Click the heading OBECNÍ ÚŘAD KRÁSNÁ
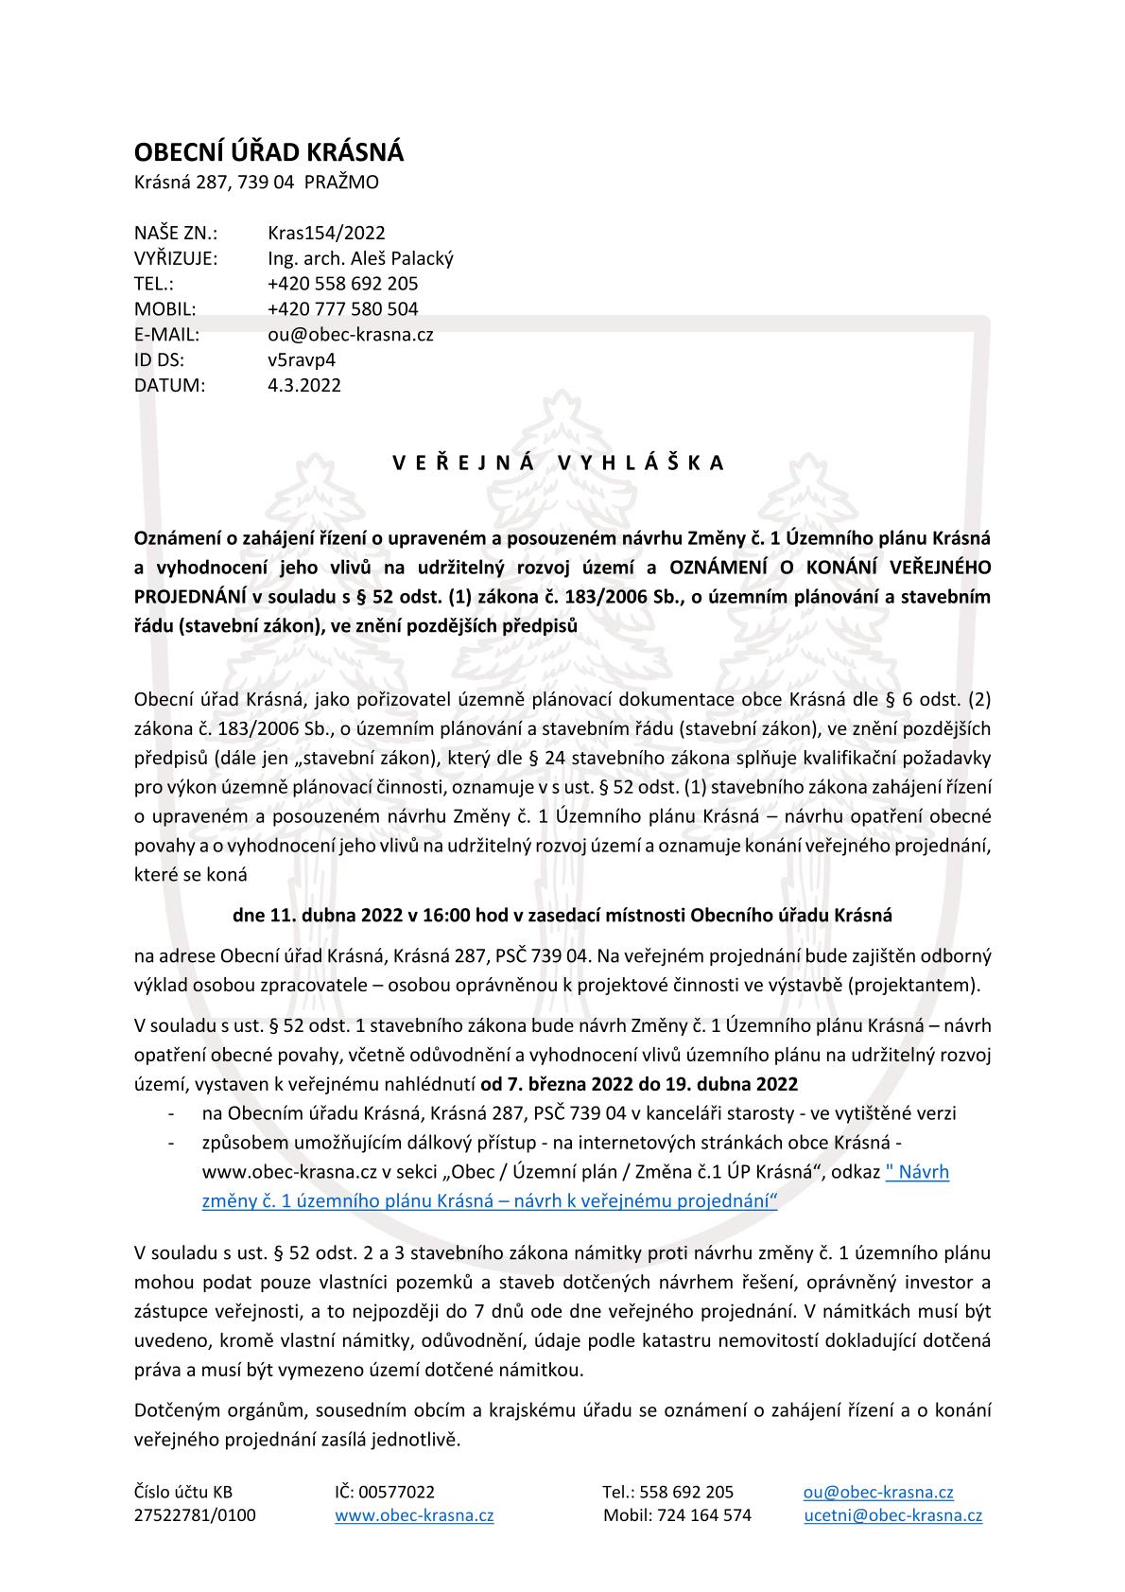tap(268, 152)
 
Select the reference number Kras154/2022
tap(326, 233)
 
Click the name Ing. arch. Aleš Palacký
tap(360, 258)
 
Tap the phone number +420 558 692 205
tap(342, 284)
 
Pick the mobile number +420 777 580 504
tap(342, 309)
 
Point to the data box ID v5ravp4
tap(302, 360)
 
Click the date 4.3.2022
tap(304, 386)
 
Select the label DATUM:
tap(169, 386)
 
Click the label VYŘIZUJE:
tap(176, 258)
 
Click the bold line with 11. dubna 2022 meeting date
tap(562, 916)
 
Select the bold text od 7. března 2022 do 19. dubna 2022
tap(639, 1084)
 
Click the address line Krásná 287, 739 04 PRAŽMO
tap(256, 183)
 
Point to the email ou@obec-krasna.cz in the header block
tap(351, 335)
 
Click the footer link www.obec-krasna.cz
tap(414, 1515)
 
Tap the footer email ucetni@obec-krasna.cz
tap(892, 1515)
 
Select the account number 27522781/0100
tap(195, 1515)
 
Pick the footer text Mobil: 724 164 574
tap(677, 1515)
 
